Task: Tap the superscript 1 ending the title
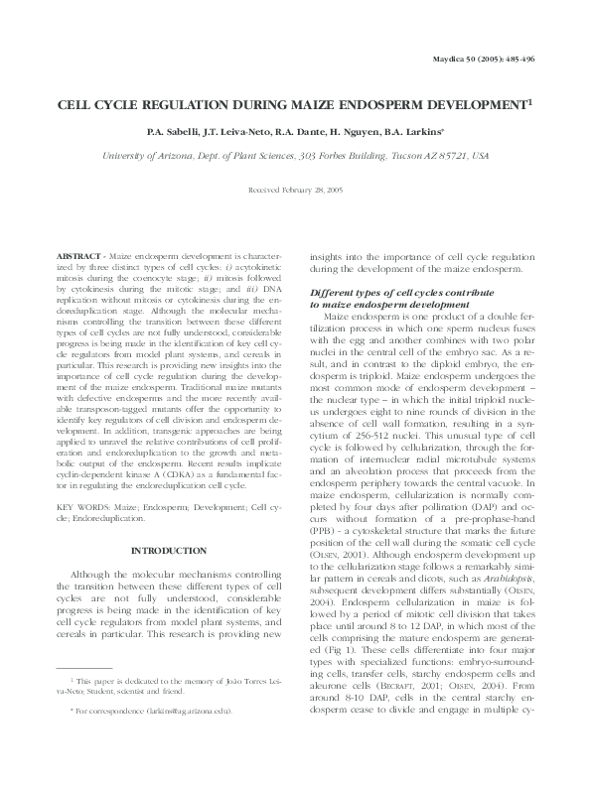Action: coord(532,100)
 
